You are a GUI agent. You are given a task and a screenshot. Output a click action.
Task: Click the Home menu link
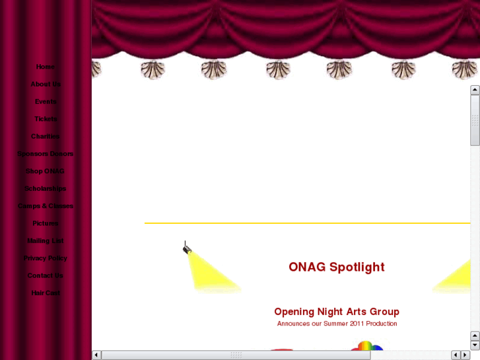click(46, 67)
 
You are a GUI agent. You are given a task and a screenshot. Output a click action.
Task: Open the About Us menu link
click(46, 85)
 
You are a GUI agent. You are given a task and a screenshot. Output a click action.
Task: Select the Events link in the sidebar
click(46, 102)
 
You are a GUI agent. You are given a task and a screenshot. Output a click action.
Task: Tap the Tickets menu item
click(46, 119)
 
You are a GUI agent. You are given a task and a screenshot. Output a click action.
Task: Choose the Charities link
click(46, 137)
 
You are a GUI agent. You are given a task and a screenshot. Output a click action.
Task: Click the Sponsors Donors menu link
click(46, 154)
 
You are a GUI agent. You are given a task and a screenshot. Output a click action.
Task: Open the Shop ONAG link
click(46, 171)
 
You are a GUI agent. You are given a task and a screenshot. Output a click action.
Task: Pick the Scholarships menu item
click(46, 189)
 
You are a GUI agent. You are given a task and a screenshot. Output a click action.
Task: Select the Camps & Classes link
click(46, 206)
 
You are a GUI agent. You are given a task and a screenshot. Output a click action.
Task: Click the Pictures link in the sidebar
click(46, 223)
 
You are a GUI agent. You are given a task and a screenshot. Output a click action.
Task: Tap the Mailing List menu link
click(46, 241)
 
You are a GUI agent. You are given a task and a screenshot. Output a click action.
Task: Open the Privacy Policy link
click(46, 258)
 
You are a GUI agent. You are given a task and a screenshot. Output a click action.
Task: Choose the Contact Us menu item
click(46, 275)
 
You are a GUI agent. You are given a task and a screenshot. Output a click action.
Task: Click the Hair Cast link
click(46, 293)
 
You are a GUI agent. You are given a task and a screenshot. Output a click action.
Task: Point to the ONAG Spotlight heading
click(336, 268)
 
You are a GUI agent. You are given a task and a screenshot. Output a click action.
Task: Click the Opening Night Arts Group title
click(337, 312)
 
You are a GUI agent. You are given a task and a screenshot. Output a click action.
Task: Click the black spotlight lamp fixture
click(187, 248)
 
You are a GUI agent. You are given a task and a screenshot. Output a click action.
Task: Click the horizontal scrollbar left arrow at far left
click(96, 355)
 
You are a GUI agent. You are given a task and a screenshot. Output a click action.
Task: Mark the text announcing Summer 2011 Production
click(337, 324)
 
